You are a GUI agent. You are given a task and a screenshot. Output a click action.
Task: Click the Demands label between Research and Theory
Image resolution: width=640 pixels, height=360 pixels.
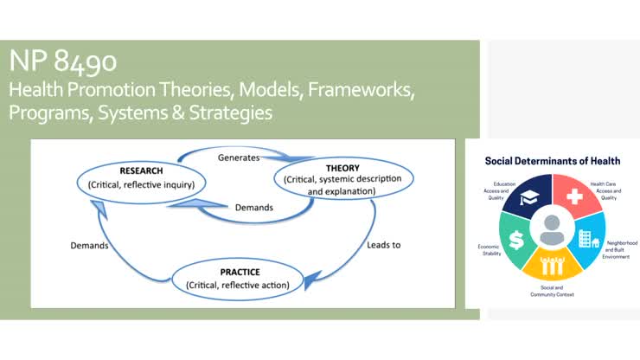click(254, 208)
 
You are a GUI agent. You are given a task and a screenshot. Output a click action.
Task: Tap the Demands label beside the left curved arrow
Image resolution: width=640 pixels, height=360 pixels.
click(90, 246)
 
